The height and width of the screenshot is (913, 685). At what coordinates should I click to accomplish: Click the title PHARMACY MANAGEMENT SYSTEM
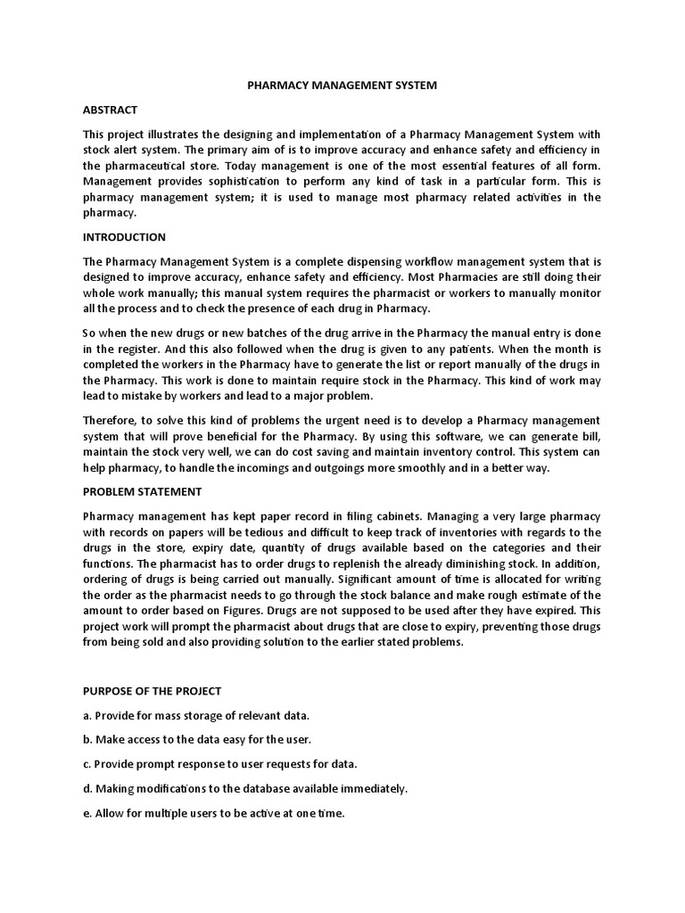pyautogui.click(x=342, y=86)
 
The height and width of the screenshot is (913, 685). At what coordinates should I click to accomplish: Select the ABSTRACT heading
pyautogui.click(x=110, y=110)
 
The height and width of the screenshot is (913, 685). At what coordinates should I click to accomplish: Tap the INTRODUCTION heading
pyautogui.click(x=124, y=237)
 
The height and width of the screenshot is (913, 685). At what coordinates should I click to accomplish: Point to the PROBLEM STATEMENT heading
pyautogui.click(x=142, y=491)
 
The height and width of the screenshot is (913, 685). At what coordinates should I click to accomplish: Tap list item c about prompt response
pyautogui.click(x=219, y=764)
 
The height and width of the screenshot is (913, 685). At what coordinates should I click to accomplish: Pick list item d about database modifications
pyautogui.click(x=244, y=788)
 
